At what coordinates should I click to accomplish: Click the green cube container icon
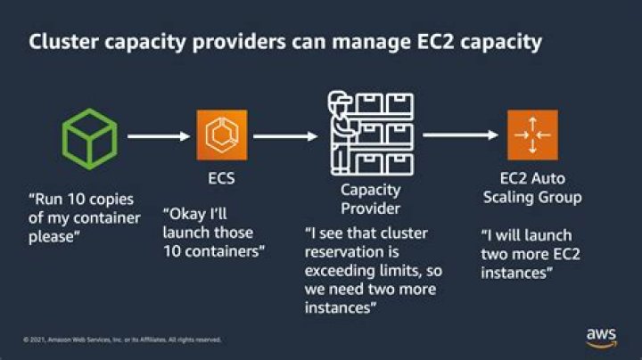(89, 136)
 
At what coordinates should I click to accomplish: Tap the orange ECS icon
(222, 135)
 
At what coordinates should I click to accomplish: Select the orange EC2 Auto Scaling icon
(533, 135)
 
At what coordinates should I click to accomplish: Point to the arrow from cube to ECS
(160, 136)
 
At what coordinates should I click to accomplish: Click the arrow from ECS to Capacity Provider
(285, 136)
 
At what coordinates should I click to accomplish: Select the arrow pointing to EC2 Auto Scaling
(460, 135)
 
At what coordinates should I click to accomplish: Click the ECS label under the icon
(222, 179)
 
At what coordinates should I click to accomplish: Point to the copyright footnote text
(122, 340)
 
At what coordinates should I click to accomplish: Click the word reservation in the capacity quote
(341, 252)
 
